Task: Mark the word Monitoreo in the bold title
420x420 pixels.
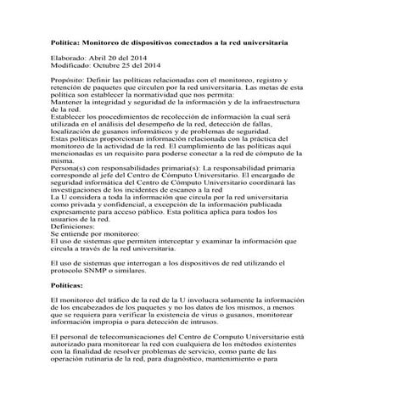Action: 106,42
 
